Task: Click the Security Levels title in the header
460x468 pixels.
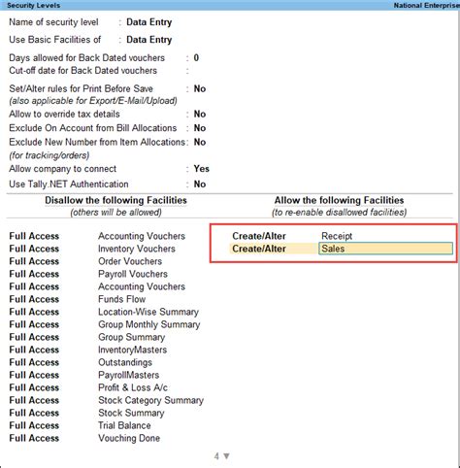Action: click(35, 5)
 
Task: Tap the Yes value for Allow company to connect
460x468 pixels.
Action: click(201, 169)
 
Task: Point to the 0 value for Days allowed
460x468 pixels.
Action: click(196, 58)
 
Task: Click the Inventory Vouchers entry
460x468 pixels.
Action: click(137, 249)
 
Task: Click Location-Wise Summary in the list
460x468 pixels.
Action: click(148, 312)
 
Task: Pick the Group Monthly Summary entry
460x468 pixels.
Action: click(148, 324)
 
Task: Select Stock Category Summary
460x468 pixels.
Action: click(150, 400)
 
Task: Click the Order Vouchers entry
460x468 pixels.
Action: click(130, 261)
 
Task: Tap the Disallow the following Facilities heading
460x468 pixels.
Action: click(115, 200)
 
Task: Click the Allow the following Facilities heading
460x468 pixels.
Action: click(338, 200)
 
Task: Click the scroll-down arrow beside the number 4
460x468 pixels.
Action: click(227, 455)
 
